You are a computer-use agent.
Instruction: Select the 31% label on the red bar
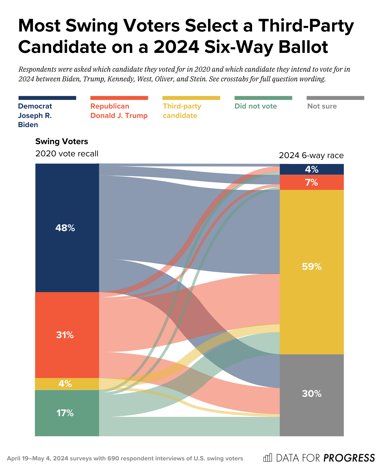[x=65, y=335]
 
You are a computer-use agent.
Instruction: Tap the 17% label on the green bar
[x=65, y=413]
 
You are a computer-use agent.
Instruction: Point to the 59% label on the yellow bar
[x=312, y=267]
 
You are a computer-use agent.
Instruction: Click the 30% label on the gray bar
[x=312, y=394]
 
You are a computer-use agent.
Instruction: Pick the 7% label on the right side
[x=312, y=182]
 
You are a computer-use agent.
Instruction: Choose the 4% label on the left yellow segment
[x=65, y=384]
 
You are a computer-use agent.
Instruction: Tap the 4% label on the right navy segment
[x=312, y=169]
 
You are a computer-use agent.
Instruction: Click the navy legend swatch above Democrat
[x=47, y=98]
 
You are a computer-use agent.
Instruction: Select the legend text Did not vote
[x=255, y=106]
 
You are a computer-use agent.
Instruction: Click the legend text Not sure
[x=322, y=106]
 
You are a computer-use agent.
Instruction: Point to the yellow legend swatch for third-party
[x=191, y=98]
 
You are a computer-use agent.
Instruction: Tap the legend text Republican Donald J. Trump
[x=119, y=111]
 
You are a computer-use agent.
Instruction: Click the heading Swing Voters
[x=62, y=141]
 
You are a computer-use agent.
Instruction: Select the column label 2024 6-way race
[x=311, y=155]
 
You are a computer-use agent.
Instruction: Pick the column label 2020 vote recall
[x=67, y=154]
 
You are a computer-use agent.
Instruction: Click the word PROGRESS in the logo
[x=349, y=458]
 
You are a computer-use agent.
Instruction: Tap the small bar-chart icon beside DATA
[x=267, y=458]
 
